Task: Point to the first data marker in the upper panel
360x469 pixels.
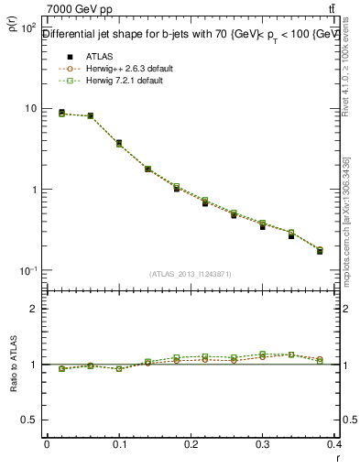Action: pos(61,113)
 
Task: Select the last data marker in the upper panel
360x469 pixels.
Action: pos(320,250)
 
